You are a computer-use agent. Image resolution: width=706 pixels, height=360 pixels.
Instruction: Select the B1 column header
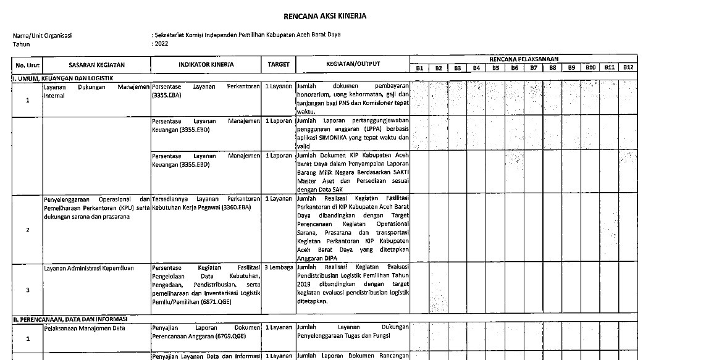tap(419, 68)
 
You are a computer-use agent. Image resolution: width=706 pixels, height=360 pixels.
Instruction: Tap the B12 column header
tap(628, 67)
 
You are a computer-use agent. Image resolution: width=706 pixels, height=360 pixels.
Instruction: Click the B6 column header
tap(514, 68)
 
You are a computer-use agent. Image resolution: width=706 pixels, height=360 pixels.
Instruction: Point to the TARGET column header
tap(279, 64)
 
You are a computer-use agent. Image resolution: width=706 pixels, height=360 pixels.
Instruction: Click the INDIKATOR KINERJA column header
tap(206, 64)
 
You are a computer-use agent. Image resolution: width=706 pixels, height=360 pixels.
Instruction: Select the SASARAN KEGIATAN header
tap(97, 64)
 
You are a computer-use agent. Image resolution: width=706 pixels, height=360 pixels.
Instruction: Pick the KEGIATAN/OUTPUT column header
tap(353, 64)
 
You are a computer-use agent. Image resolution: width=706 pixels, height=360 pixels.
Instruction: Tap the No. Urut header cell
tap(27, 64)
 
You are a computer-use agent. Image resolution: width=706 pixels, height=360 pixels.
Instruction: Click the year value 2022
tap(161, 44)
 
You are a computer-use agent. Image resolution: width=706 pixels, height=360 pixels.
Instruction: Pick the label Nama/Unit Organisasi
tap(42, 36)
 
